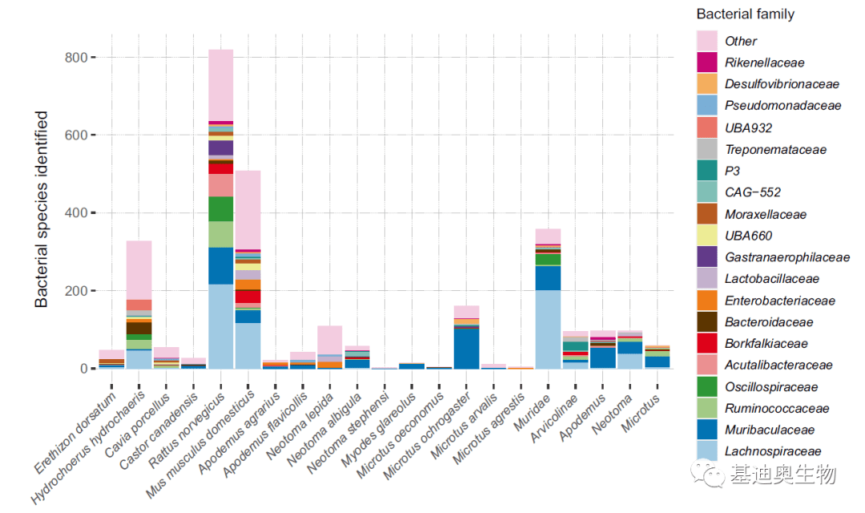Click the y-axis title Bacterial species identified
pyautogui.click(x=42, y=210)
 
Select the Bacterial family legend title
pyautogui.click(x=745, y=14)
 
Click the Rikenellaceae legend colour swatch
pyautogui.click(x=706, y=63)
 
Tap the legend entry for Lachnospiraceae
pyautogui.click(x=773, y=451)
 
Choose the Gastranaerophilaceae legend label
pyautogui.click(x=787, y=257)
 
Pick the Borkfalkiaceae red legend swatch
pyautogui.click(x=706, y=343)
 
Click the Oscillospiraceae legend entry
pyautogui.click(x=771, y=386)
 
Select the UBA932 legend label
pyautogui.click(x=748, y=127)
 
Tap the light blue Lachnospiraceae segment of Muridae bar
pyautogui.click(x=548, y=329)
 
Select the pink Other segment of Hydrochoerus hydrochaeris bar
pyautogui.click(x=139, y=269)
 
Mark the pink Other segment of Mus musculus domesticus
pyautogui.click(x=248, y=209)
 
